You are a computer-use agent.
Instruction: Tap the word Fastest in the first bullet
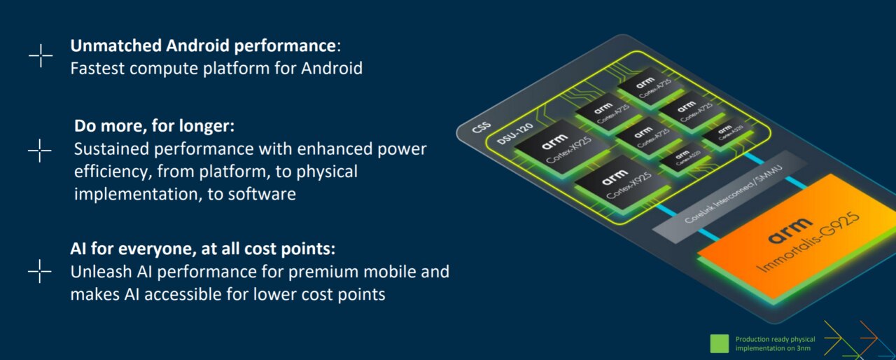coord(97,69)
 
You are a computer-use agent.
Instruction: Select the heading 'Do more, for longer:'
coord(154,127)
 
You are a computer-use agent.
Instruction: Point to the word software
coord(262,195)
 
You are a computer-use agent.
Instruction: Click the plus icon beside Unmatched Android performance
coord(41,56)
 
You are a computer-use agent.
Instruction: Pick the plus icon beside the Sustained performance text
coord(40,151)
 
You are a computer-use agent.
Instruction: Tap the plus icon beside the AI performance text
coord(40,271)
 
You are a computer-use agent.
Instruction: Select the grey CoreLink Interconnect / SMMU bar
coord(721,196)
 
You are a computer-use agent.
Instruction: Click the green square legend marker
coord(720,343)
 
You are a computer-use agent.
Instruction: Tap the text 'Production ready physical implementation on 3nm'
coord(776,343)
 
